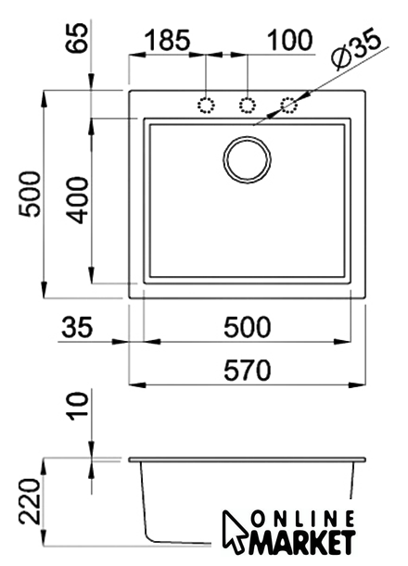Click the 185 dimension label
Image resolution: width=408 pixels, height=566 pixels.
tap(167, 40)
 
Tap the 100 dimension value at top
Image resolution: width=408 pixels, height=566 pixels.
tap(289, 40)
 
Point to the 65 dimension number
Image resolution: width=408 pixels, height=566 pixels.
tap(77, 38)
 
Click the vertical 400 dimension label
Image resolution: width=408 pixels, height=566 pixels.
tap(77, 200)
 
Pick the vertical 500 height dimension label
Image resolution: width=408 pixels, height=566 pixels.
tap(30, 195)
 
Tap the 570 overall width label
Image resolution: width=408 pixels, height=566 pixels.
tap(248, 371)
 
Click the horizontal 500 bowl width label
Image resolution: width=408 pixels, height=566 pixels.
tap(248, 327)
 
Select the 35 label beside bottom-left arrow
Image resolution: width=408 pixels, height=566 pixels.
tap(77, 327)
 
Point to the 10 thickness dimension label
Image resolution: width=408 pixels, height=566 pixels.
tap(78, 406)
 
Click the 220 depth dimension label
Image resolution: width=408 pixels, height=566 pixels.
tap(30, 501)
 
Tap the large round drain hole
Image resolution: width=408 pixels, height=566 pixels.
tap(248, 159)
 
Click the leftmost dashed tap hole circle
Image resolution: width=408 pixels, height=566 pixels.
tap(206, 106)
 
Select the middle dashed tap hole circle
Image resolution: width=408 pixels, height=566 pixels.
tap(248, 106)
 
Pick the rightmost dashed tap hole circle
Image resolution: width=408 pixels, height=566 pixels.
tap(289, 106)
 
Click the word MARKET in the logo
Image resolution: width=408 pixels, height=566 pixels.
tap(302, 542)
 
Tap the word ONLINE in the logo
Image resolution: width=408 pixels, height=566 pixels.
tap(302, 520)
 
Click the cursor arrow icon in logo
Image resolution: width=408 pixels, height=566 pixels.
tap(235, 532)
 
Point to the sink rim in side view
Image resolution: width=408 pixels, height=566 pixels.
tap(248, 459)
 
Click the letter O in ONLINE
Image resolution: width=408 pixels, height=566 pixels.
tap(258, 520)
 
